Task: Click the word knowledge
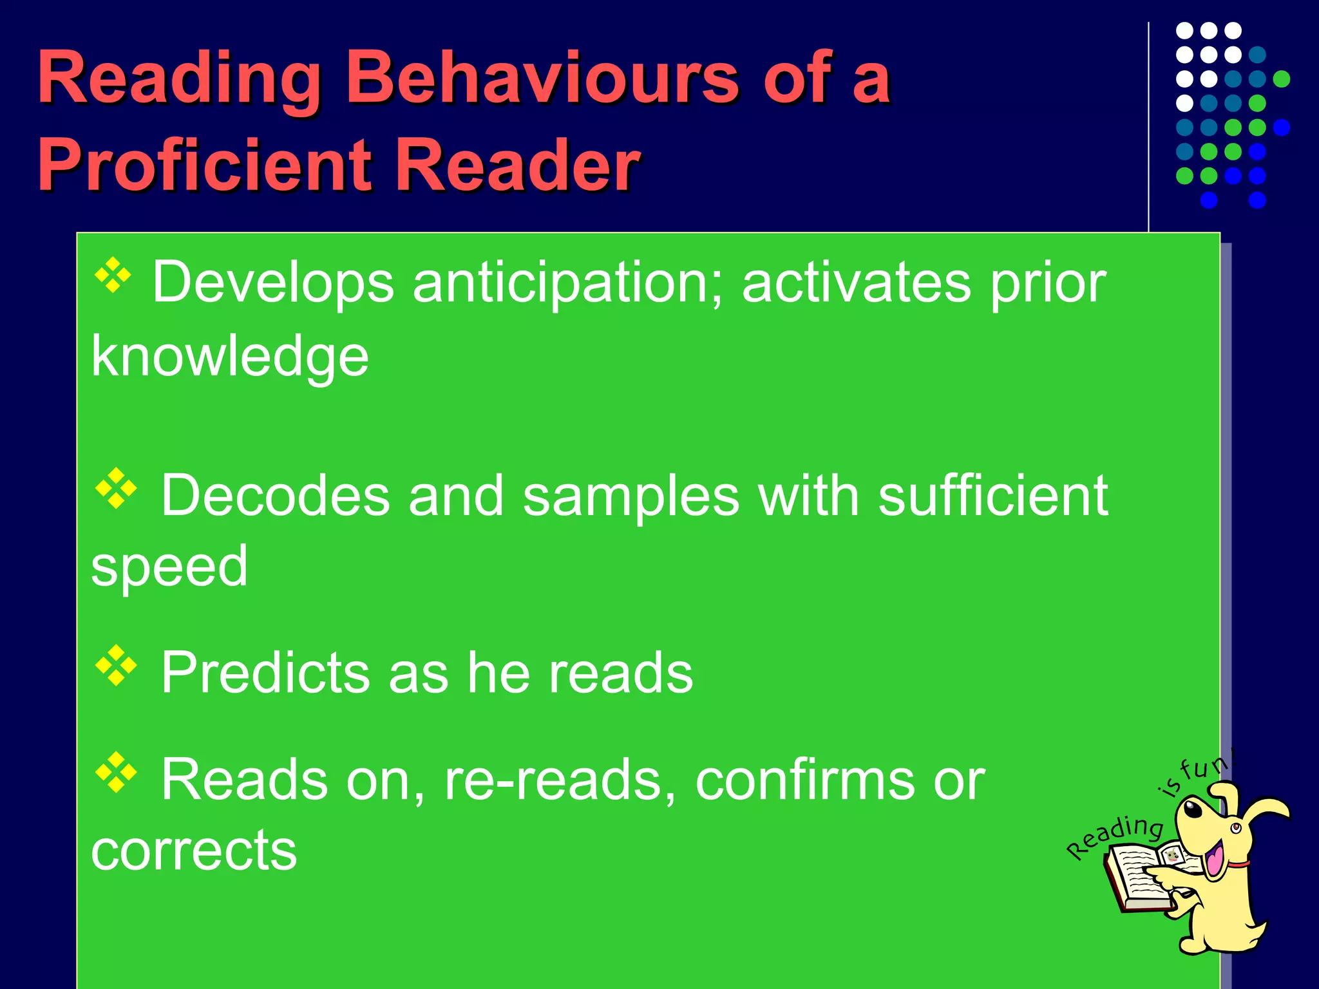[x=230, y=357]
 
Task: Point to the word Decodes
[x=276, y=496]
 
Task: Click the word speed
[x=169, y=567]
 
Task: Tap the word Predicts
[x=265, y=673]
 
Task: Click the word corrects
[x=194, y=850]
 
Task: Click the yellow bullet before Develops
[x=113, y=276]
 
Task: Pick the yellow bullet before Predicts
[x=116, y=665]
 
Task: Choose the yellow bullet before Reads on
[x=116, y=771]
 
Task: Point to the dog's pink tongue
[x=1215, y=860]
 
